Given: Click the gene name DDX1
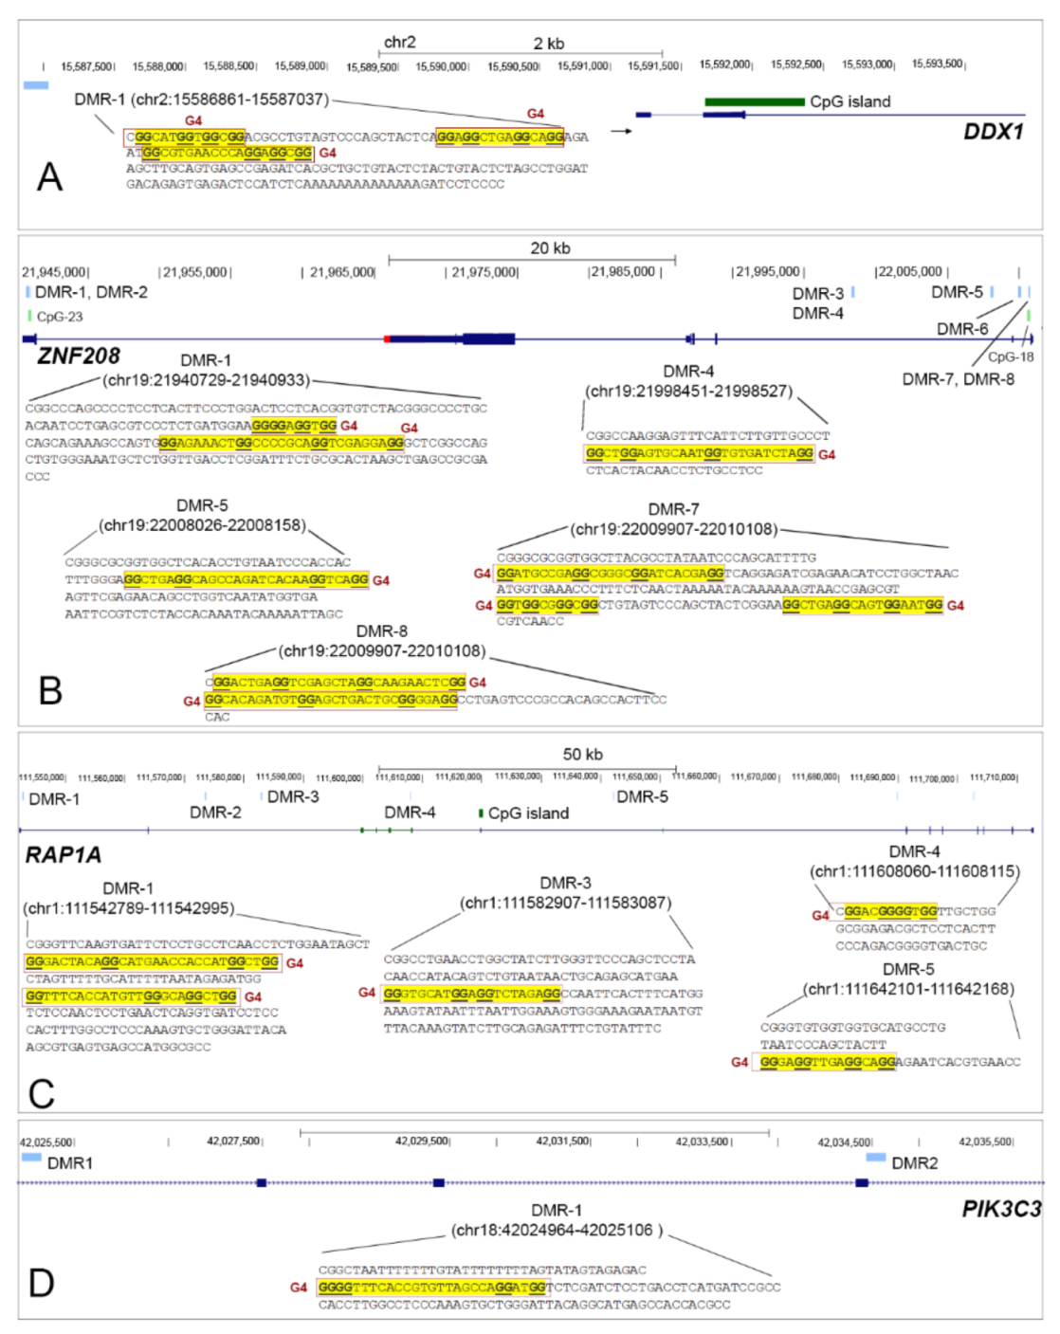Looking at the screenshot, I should [x=993, y=131].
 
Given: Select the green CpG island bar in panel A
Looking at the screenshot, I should [x=754, y=101].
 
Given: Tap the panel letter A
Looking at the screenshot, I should [x=49, y=177].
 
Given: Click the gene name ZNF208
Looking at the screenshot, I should [x=79, y=356].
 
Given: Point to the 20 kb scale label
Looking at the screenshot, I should [x=550, y=248].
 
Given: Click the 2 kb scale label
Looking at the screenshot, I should [x=548, y=44].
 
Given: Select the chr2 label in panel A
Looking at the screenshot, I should [x=399, y=43].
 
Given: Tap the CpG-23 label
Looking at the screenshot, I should [x=59, y=317].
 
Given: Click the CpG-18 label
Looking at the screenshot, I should [x=1011, y=356].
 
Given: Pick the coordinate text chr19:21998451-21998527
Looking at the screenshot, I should [x=688, y=392].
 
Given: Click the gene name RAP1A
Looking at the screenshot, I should [x=63, y=855].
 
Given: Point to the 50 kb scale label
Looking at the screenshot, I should [x=582, y=755].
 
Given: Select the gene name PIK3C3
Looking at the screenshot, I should [x=1001, y=1209].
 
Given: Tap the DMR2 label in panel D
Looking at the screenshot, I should [x=914, y=1162].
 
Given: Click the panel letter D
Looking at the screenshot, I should [x=42, y=1283].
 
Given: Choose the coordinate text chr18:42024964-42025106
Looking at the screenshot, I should [x=556, y=1230].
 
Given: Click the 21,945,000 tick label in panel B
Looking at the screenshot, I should [x=56, y=272].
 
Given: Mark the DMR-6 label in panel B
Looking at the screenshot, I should [x=962, y=329].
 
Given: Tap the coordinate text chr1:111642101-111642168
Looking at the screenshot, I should [x=909, y=989].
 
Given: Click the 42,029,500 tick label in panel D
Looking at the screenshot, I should [x=423, y=1141].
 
